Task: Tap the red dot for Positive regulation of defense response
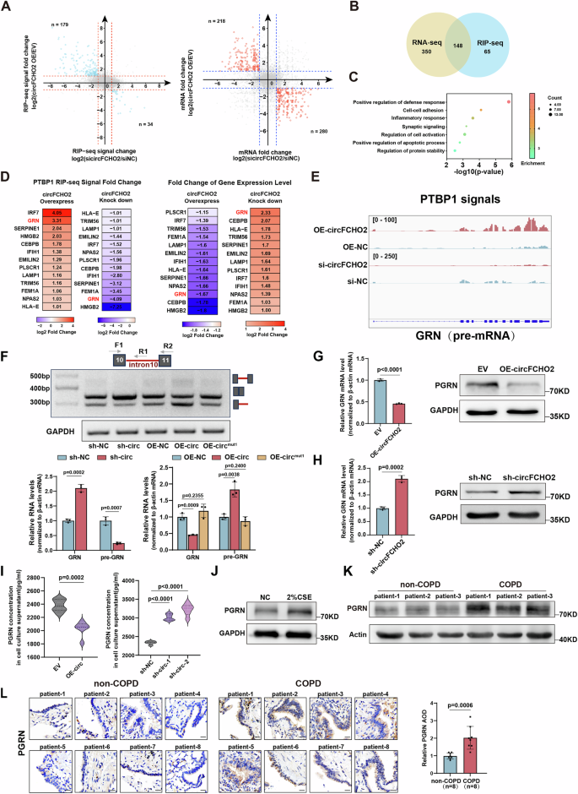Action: pos(509,101)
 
